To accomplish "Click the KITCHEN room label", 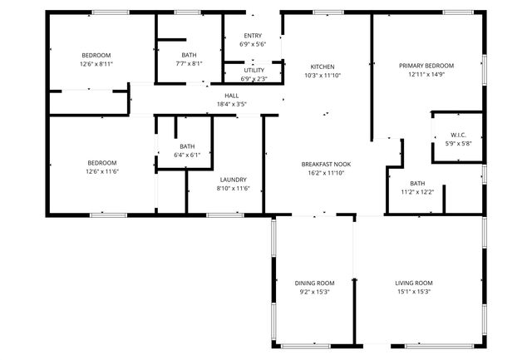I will [x=323, y=67].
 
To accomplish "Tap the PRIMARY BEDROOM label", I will [x=426, y=66].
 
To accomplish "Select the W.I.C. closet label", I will [x=458, y=135].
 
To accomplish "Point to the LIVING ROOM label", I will [x=413, y=283].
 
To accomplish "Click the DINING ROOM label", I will [x=314, y=283].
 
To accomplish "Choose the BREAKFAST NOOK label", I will [x=325, y=165].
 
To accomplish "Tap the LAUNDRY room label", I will [x=232, y=180].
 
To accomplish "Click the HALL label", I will [x=231, y=96].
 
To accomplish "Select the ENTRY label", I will [x=253, y=35].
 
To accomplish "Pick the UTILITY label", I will [x=254, y=71].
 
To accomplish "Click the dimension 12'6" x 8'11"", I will [x=96, y=63].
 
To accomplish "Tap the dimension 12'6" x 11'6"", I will [x=102, y=171].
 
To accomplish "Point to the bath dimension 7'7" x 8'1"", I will [x=189, y=63].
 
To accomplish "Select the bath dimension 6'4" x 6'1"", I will [x=187, y=155].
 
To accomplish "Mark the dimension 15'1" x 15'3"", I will [x=413, y=291].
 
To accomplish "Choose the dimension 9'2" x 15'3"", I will [x=314, y=291].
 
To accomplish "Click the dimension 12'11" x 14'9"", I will [x=426, y=74].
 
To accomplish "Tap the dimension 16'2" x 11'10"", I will [x=325, y=173].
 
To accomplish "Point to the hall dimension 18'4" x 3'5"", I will [x=231, y=104].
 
